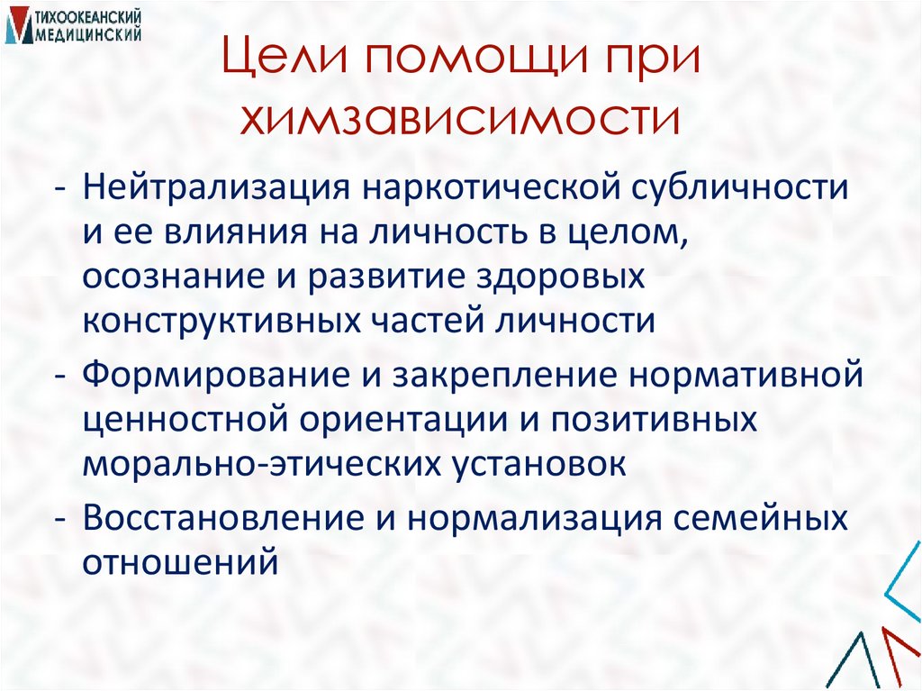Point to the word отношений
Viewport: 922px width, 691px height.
176,563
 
